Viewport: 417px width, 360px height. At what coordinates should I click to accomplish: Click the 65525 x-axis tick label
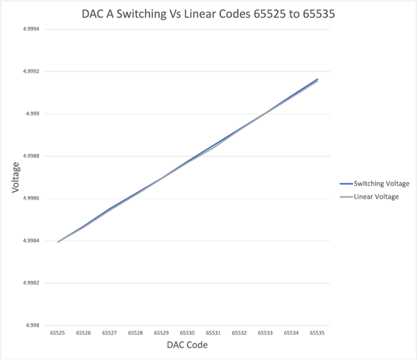click(57, 333)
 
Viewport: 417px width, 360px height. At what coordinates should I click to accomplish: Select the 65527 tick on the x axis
click(110, 333)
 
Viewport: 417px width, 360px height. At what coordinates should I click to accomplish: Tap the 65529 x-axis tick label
click(162, 333)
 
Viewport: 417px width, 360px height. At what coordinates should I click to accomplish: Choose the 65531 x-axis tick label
click(214, 333)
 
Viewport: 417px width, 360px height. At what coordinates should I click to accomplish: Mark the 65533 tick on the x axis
click(265, 333)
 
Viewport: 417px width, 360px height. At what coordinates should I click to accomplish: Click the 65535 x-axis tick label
click(317, 333)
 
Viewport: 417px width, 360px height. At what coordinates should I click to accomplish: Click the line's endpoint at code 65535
click(317, 80)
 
